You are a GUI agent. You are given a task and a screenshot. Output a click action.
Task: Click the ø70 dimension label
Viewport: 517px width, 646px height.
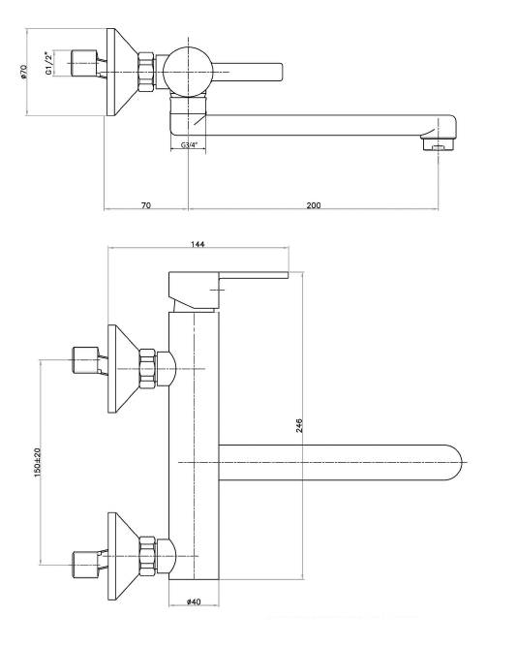pyautogui.click(x=23, y=72)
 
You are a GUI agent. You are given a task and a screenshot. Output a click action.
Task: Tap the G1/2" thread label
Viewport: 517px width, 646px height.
pyautogui.click(x=49, y=64)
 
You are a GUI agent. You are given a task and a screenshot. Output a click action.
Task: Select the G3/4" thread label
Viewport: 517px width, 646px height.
pyautogui.click(x=189, y=144)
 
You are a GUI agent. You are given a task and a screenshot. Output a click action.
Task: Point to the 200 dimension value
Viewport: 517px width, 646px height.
pyautogui.click(x=314, y=204)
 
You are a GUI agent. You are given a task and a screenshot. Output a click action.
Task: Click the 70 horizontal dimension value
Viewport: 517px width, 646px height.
pyautogui.click(x=146, y=204)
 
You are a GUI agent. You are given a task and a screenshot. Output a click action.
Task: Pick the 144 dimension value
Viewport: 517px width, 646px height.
pyautogui.click(x=198, y=244)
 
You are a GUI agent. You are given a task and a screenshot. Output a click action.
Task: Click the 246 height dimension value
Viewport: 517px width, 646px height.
pyautogui.click(x=299, y=425)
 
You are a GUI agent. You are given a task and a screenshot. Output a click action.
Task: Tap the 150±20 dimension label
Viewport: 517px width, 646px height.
pyautogui.click(x=37, y=462)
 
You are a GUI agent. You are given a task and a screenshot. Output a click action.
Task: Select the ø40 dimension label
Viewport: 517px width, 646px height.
pyautogui.click(x=194, y=601)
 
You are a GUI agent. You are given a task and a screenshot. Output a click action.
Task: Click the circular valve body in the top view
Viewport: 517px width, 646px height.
pyautogui.click(x=188, y=72)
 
